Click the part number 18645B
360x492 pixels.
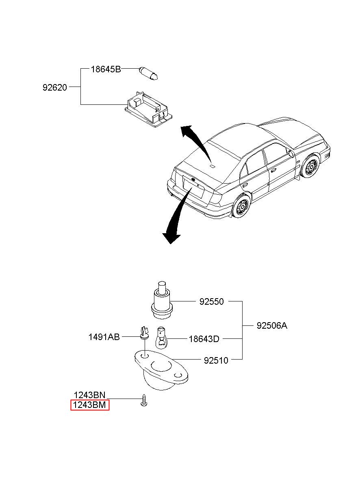(x=106, y=69)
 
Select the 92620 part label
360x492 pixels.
(x=55, y=88)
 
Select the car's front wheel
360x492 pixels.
(x=311, y=166)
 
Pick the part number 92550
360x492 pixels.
(x=212, y=301)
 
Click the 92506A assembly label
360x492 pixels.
(x=272, y=325)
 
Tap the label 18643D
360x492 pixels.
(x=204, y=339)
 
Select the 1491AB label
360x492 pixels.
(x=104, y=337)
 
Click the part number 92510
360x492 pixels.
(x=216, y=360)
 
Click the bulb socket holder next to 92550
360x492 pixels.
(x=162, y=300)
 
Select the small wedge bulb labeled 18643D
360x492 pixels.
(x=162, y=337)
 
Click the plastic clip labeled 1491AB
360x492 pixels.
(x=144, y=333)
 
